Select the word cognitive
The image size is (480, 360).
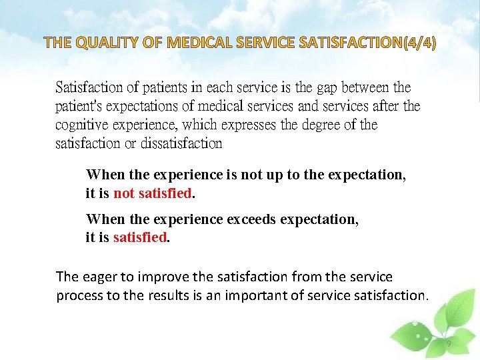[83, 125]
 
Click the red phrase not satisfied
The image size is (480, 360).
[153, 194]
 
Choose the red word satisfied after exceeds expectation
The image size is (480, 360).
[140, 238]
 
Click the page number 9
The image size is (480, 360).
[449, 344]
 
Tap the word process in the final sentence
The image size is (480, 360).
[79, 295]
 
